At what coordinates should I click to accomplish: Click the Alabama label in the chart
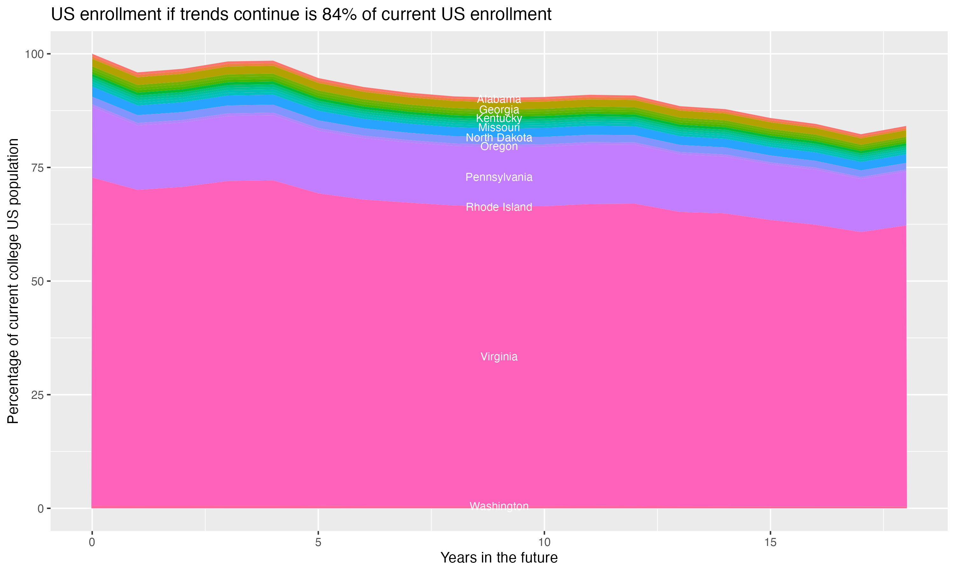coord(499,99)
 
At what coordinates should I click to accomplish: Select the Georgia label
coord(499,110)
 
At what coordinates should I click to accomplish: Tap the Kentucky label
coord(499,118)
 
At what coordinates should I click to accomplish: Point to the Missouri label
coord(499,127)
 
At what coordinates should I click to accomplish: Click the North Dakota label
coord(499,138)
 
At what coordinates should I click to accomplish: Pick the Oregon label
coord(499,146)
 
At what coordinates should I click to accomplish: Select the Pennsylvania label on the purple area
coord(499,177)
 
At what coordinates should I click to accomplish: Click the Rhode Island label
coord(499,207)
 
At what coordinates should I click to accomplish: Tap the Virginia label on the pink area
coord(499,357)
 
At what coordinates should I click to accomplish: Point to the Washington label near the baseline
coord(499,506)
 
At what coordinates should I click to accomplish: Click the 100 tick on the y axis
coord(34,54)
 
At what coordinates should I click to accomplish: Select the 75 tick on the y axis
coord(38,167)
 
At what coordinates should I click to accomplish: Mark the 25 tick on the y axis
coord(38,395)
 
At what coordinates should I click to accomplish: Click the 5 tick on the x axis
coord(318,542)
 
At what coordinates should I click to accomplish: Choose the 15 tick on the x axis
coord(770,542)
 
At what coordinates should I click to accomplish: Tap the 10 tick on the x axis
coord(544,542)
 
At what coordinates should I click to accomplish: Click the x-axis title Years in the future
coord(499,557)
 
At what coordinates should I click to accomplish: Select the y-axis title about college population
coord(13,281)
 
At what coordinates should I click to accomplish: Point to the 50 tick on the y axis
coord(38,281)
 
